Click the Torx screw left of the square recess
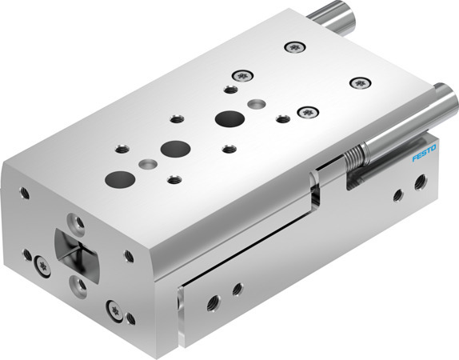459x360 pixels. (x=41, y=262)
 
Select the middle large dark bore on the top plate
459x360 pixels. (x=172, y=148)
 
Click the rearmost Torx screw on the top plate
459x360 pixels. (x=297, y=47)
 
